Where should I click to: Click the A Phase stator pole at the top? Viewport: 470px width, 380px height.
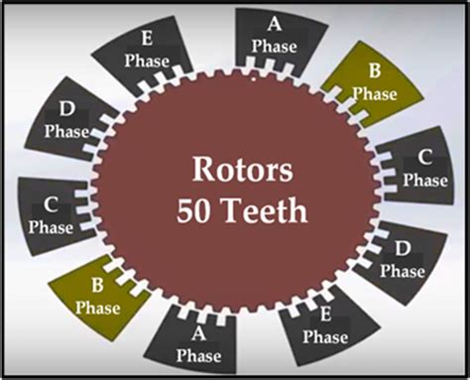tap(274, 38)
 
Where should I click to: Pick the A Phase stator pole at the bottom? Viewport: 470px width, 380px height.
tap(198, 342)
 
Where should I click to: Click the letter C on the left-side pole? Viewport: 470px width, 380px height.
tap(53, 203)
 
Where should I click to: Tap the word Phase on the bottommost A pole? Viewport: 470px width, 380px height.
tap(199, 354)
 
